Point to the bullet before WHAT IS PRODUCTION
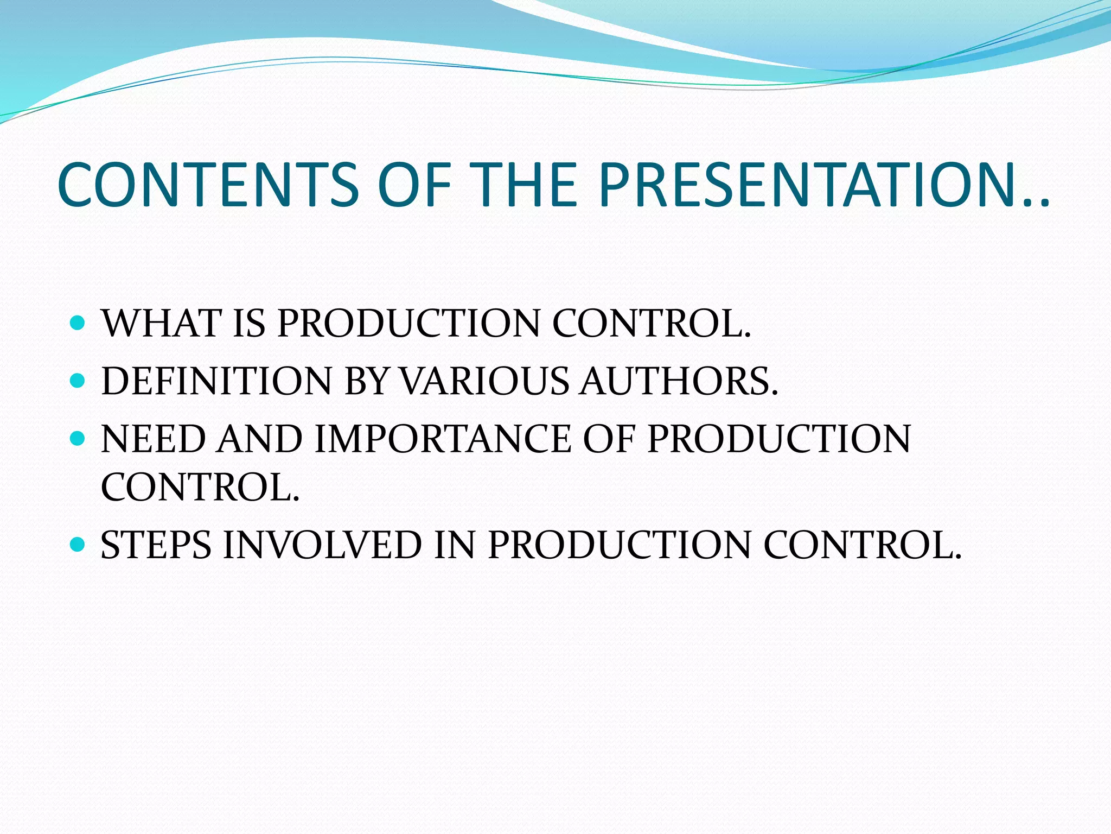pos(78,324)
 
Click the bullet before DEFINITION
pos(78,381)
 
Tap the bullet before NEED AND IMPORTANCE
pos(78,439)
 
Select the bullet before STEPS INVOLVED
pos(78,545)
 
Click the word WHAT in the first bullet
pos(161,324)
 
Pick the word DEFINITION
pos(216,381)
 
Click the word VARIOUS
pos(485,381)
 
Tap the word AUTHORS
pos(678,381)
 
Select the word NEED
pos(153,439)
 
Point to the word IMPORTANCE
pos(443,439)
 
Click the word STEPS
pos(156,545)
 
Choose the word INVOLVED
pos(322,545)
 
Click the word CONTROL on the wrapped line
pos(200,487)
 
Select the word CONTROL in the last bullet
pos(862,545)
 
